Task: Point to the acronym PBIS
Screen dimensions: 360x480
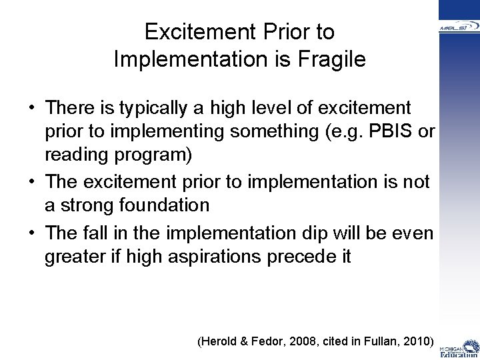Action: pyautogui.click(x=393, y=132)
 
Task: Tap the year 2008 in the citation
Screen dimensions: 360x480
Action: pyautogui.click(x=304, y=342)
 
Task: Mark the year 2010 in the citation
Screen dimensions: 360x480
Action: pyautogui.click(x=417, y=342)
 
